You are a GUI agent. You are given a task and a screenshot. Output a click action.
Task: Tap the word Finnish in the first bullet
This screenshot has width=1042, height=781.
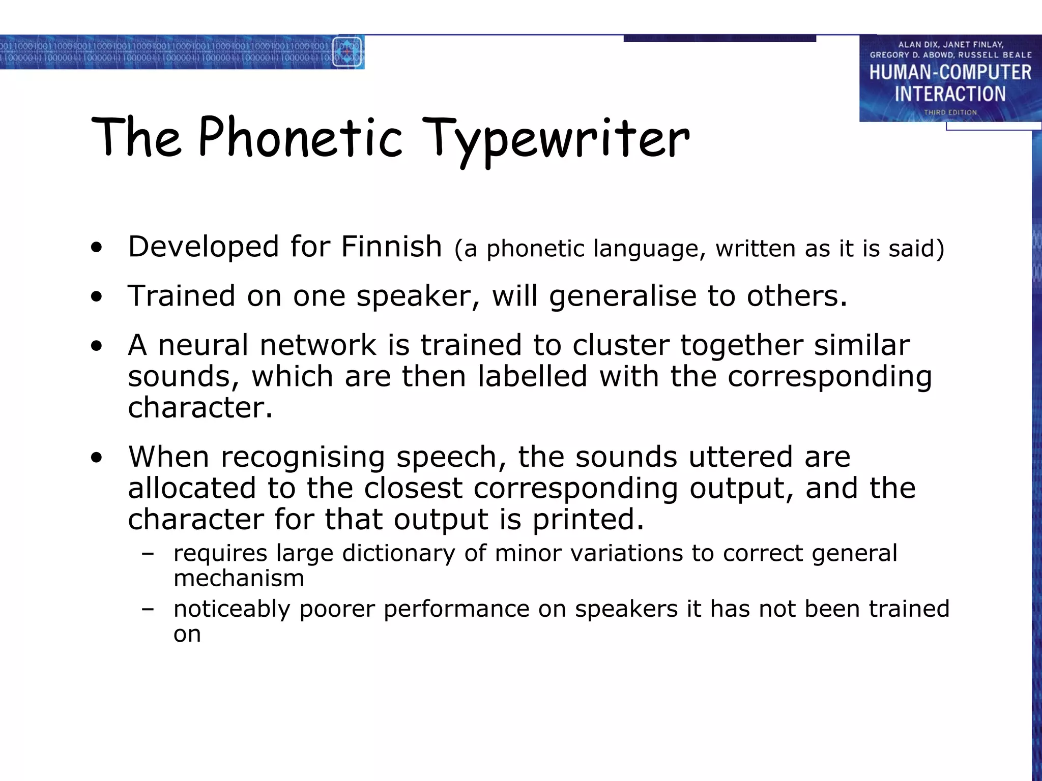[x=391, y=247]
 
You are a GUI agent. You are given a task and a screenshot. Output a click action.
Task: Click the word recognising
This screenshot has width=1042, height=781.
[x=302, y=457]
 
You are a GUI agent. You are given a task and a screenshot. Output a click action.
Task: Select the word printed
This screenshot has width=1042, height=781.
[x=588, y=520]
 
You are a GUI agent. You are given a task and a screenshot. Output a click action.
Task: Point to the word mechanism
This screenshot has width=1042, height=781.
[x=239, y=579]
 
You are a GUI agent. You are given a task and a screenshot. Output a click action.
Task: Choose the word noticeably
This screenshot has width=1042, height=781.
[x=231, y=609]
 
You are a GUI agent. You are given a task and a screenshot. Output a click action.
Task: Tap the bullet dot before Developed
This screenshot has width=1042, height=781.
[x=96, y=248]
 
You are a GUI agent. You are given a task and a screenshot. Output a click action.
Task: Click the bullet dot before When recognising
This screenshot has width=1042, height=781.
[x=96, y=458]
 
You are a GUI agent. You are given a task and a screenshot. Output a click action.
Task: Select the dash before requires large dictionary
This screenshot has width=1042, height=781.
[x=148, y=554]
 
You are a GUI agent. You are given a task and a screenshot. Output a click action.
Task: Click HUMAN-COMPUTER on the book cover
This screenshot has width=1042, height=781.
[x=950, y=73]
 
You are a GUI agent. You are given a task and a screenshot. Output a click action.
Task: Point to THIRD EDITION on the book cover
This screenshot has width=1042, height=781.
[x=950, y=112]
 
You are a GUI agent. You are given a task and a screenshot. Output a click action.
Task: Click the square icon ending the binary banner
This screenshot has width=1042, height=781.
[x=348, y=52]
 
